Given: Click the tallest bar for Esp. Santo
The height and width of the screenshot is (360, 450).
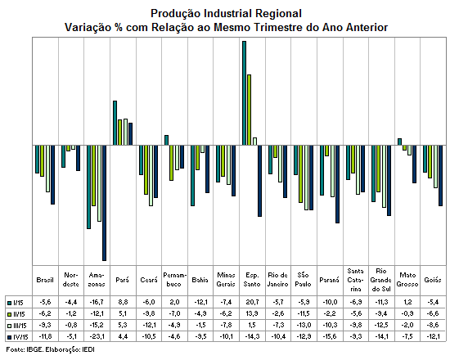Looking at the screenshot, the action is click(245, 93).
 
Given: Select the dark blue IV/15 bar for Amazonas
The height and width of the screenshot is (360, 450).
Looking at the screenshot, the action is click(104, 203).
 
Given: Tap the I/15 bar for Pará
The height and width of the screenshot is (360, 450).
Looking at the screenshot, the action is click(115, 123).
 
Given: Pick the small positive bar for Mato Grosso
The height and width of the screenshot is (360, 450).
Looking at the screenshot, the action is click(399, 142).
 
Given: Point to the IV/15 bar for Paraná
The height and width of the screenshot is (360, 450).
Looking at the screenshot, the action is click(337, 184).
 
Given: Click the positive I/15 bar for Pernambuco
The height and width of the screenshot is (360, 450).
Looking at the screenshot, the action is click(166, 140).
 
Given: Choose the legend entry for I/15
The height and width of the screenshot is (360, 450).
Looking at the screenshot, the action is click(16, 303).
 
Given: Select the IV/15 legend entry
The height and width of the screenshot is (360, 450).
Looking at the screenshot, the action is click(18, 337).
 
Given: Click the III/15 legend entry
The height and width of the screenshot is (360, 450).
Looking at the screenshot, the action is click(17, 326).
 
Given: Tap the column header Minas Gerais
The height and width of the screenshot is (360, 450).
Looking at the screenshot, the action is click(226, 280).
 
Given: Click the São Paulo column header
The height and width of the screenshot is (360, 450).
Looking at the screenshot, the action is click(303, 280).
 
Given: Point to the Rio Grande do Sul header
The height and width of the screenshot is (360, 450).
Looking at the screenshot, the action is click(380, 280).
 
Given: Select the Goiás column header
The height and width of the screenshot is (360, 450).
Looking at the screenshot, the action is click(433, 280).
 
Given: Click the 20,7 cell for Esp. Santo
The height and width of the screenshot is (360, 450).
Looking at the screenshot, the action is click(252, 302).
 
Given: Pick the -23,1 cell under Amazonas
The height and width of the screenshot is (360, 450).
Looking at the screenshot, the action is click(97, 336).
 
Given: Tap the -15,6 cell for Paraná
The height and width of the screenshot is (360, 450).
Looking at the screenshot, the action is click(330, 336).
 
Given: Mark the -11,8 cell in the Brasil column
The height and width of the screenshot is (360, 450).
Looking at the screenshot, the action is click(45, 336).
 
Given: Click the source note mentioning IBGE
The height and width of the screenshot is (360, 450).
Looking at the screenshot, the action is click(51, 349).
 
